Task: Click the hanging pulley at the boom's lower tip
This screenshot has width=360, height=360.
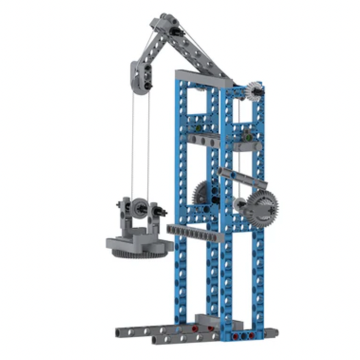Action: [x=140, y=77]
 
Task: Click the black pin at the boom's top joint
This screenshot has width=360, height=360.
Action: [x=176, y=32]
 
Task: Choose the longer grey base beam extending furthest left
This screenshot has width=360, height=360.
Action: [x=150, y=331]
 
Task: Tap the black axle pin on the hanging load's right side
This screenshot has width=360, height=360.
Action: [x=162, y=212]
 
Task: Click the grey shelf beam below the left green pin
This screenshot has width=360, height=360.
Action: [x=205, y=141]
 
